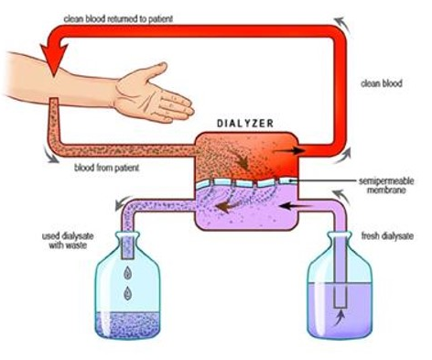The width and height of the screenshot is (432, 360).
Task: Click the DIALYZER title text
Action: tap(245, 123)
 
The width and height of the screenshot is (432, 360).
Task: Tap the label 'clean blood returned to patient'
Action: tap(118, 19)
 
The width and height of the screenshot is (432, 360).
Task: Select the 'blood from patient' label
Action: tap(106, 168)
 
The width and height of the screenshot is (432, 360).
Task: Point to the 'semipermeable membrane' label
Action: tap(386, 185)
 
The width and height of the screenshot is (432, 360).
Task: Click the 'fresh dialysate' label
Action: tap(387, 236)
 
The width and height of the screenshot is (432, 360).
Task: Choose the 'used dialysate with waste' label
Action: tap(68, 241)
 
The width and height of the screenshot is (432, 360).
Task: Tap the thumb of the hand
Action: tap(156, 71)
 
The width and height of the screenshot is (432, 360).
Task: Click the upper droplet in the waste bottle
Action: tap(128, 273)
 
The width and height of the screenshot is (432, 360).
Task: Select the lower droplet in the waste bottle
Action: tap(127, 293)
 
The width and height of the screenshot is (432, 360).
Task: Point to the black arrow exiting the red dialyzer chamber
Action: tap(289, 150)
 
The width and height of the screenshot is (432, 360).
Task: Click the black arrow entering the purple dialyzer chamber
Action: tap(295, 206)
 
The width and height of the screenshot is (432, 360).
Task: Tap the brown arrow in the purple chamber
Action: tap(228, 207)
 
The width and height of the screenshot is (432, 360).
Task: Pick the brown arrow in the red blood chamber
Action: tap(243, 159)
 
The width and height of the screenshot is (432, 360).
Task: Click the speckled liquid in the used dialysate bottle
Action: tap(128, 324)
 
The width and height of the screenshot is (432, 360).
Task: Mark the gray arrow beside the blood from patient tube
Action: tap(50, 154)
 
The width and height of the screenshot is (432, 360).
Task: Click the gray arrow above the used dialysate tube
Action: tap(124, 202)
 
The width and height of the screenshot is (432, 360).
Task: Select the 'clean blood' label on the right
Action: tap(382, 83)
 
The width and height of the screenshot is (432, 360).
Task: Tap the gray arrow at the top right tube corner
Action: tap(342, 25)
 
